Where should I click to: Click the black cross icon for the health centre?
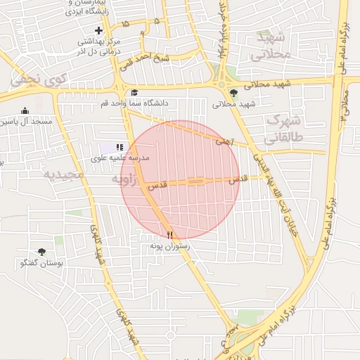pos(99,30)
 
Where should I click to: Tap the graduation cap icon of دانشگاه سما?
pos(134,92)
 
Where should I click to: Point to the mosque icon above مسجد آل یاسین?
pos(25,110)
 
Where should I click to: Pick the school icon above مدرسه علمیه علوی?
pos(120,148)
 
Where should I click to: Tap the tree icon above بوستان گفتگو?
pos(41,251)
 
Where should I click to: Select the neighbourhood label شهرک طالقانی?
pos(285,128)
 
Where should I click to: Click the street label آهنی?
pos(224,141)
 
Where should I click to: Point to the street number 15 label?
pos(125,24)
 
